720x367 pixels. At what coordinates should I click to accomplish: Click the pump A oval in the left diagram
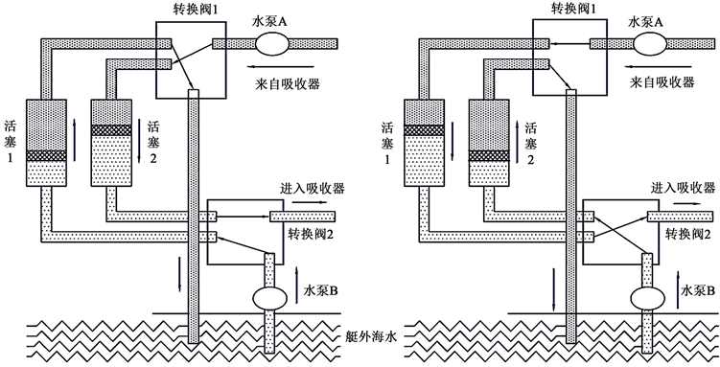[272, 43]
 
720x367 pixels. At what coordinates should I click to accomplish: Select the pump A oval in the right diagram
[650, 43]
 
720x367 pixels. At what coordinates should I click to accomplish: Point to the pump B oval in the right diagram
[647, 298]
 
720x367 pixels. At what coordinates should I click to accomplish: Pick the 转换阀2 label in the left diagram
[311, 235]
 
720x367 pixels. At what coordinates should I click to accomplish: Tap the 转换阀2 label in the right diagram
[687, 235]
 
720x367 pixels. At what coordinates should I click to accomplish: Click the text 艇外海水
[371, 338]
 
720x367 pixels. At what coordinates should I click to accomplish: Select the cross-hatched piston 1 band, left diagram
[46, 156]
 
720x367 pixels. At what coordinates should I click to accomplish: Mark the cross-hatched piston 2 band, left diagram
[111, 130]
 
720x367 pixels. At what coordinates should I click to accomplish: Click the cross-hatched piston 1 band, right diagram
[424, 130]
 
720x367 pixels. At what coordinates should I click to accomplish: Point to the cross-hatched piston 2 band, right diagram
[489, 156]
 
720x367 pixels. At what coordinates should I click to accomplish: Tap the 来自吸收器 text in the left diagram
[288, 83]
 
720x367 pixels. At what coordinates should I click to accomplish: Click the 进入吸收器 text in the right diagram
[683, 188]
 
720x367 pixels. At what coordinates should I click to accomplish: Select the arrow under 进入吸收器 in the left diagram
[310, 202]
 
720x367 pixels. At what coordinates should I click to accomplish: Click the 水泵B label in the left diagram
[321, 290]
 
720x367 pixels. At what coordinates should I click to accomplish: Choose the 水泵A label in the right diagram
[646, 22]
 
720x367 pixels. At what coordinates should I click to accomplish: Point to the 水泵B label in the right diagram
[698, 290]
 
